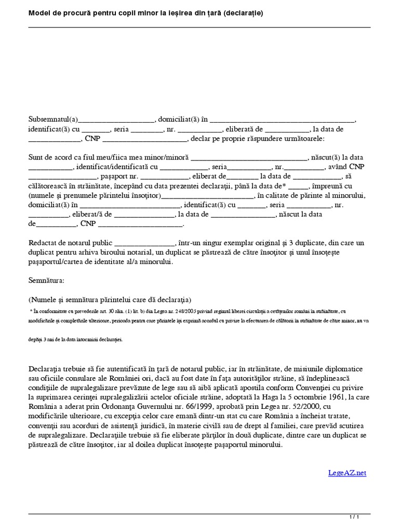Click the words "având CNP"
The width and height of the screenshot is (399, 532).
[x=346, y=167]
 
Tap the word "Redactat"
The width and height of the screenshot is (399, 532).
[x=43, y=243]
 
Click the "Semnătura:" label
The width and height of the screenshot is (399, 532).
[x=46, y=281]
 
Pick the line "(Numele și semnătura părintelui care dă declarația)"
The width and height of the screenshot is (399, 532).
[x=110, y=300]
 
